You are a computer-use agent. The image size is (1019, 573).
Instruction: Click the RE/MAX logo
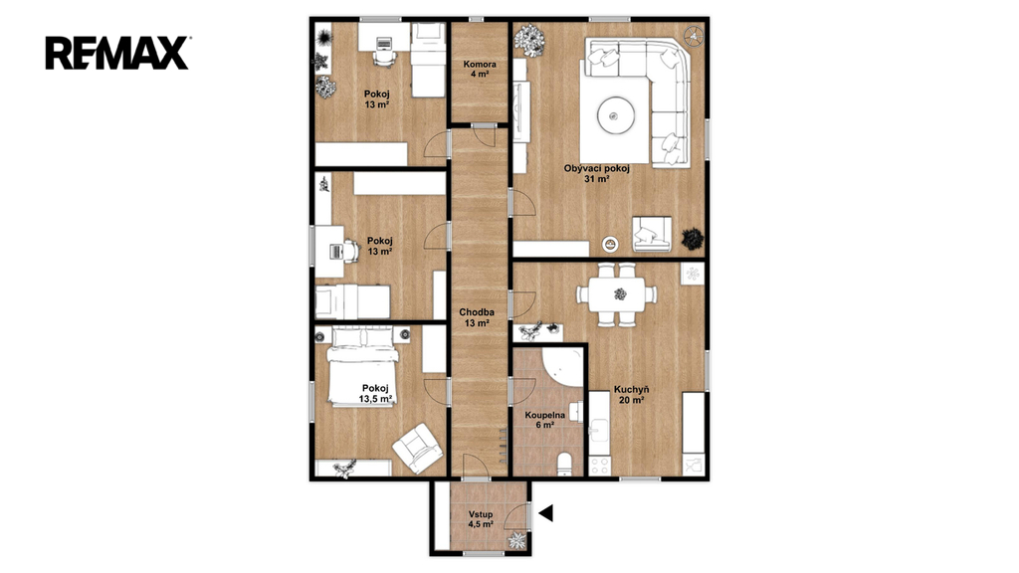pos(117,53)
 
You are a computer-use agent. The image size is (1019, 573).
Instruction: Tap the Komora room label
pos(480,69)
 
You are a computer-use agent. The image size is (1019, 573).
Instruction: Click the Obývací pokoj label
pos(597,173)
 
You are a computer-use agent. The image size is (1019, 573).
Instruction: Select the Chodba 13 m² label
pos(477,317)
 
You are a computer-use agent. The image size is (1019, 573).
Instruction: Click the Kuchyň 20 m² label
pos(631,395)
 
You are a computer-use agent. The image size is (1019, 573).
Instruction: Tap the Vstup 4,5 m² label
pos(481,519)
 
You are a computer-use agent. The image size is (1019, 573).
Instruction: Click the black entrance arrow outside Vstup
pos(545,513)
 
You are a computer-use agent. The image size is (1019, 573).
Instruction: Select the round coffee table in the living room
pos(615,115)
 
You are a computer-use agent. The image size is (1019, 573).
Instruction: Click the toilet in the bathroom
pos(565,464)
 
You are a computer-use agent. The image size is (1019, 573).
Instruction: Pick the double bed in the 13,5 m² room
pos(362,367)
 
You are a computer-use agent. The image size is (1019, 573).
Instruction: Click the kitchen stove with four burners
pos(599,466)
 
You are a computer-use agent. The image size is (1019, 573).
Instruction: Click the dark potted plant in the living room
pos(693,239)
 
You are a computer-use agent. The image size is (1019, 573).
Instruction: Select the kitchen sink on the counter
pos(599,430)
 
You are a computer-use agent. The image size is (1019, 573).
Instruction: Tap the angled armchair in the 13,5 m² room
pos(417,449)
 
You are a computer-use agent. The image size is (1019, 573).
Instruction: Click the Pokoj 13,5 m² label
pos(375,394)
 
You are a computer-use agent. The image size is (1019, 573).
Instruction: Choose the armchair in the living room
pos(652,234)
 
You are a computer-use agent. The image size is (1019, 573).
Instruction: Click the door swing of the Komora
pos(485,134)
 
